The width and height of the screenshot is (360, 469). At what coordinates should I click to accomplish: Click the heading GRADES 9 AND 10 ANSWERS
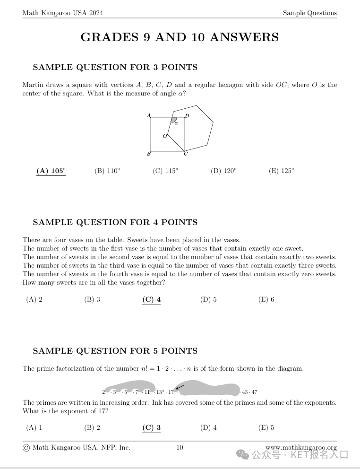180,37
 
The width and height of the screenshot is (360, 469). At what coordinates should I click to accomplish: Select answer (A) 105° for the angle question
51,171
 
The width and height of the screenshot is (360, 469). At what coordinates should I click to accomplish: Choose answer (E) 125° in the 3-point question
281,171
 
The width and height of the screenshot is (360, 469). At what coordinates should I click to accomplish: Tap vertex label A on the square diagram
149,115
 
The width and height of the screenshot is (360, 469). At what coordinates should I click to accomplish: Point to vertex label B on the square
148,154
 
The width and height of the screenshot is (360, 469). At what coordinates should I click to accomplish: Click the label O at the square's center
165,136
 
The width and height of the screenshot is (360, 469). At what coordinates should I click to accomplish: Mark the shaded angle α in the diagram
174,121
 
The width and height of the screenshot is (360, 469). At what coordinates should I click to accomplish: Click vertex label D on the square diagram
187,116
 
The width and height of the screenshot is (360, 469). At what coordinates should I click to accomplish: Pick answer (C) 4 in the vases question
151,299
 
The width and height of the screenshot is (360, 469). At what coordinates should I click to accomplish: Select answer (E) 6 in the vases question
266,299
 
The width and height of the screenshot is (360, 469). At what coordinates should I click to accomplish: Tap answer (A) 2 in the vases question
34,299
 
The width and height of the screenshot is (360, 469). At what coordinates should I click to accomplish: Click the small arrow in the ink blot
180,388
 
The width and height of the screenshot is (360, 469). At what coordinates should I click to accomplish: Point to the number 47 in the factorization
254,392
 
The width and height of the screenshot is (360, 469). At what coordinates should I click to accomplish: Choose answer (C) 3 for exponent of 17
151,428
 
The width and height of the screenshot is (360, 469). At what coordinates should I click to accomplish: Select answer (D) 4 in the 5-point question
208,428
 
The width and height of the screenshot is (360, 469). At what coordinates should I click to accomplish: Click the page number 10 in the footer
180,447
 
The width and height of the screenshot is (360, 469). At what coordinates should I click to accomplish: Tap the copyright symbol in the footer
26,448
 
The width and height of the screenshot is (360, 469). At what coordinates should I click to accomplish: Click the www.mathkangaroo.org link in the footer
301,447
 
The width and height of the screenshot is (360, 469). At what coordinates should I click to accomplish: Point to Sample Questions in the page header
309,13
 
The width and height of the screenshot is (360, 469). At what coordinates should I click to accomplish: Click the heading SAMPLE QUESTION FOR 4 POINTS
115,222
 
